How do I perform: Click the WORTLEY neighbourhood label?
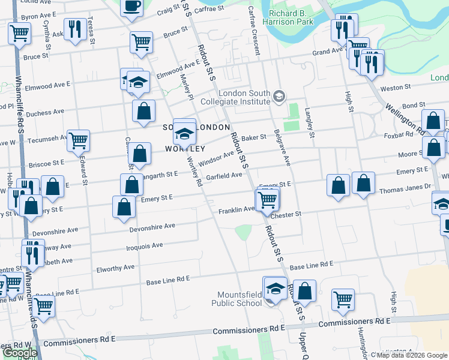coord(185,148)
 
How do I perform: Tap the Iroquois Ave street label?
coord(145,245)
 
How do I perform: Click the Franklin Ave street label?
coord(237,210)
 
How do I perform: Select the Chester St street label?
coord(285,214)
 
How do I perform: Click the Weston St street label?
coord(396,88)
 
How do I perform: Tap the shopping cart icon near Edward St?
coord(79,141)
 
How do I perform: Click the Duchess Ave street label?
coord(44,112)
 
